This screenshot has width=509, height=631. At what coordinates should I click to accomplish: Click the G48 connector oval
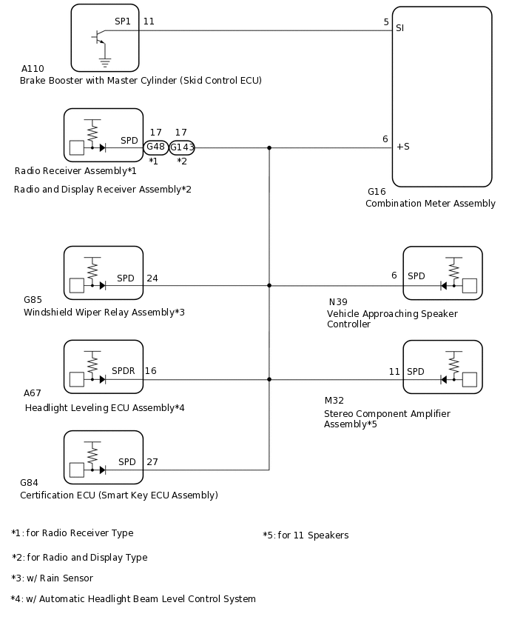pyautogui.click(x=156, y=147)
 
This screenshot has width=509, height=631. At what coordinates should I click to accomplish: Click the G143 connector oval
pyautogui.click(x=182, y=147)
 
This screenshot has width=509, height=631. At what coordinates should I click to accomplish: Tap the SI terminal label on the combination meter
pyautogui.click(x=400, y=27)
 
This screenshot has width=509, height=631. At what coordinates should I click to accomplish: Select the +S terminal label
pyautogui.click(x=402, y=147)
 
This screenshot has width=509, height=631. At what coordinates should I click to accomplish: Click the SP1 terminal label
pyautogui.click(x=123, y=21)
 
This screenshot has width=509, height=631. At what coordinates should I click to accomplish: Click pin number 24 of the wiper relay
pyautogui.click(x=152, y=278)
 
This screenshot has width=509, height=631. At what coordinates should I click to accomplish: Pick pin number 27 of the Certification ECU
pyautogui.click(x=152, y=461)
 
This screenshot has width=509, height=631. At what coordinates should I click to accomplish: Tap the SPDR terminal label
pyautogui.click(x=124, y=370)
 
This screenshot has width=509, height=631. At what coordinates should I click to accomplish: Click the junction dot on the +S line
pyautogui.click(x=269, y=147)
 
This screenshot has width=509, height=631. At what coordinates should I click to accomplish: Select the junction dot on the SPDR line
pyautogui.click(x=269, y=379)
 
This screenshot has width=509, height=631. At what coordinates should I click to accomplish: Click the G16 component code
pyautogui.click(x=377, y=191)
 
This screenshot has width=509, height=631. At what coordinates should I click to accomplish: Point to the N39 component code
pyautogui.click(x=337, y=301)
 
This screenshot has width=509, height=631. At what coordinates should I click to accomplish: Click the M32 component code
pyautogui.click(x=334, y=400)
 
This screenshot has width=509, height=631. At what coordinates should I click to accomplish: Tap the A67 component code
pyautogui.click(x=33, y=393)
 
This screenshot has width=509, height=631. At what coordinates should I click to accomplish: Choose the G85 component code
pyautogui.click(x=33, y=299)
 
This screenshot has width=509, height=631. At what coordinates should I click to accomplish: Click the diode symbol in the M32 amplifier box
pyautogui.click(x=445, y=379)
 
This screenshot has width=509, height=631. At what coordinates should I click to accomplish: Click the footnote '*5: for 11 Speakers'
pyautogui.click(x=306, y=535)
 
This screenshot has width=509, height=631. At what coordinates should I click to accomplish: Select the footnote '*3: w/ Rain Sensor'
pyautogui.click(x=53, y=578)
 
